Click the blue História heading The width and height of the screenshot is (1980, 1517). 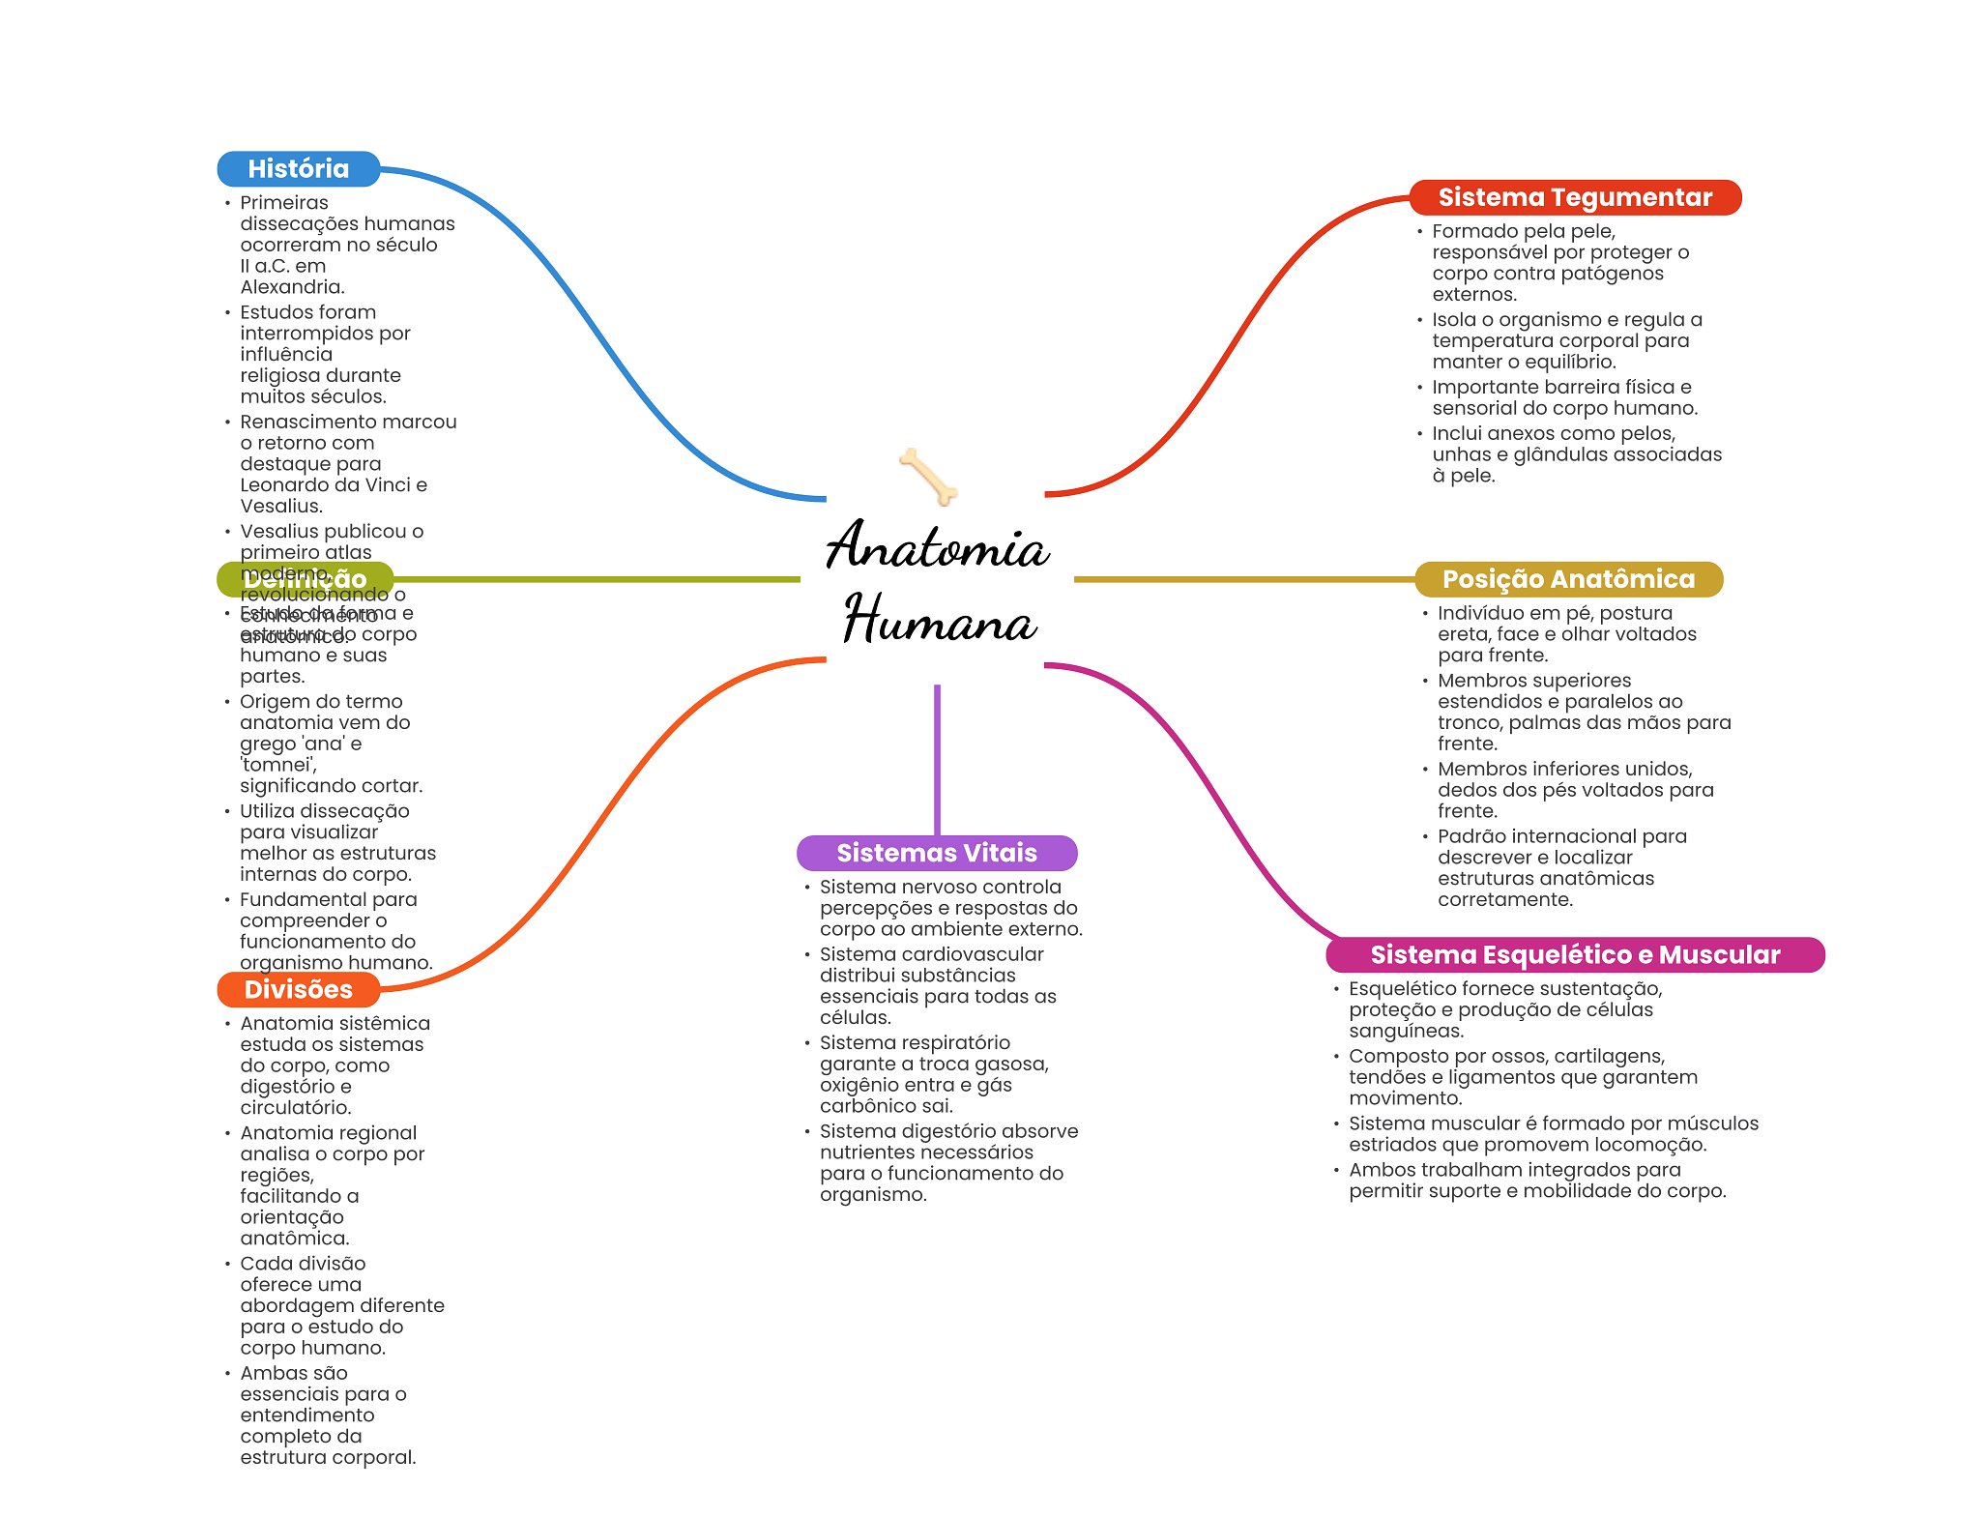click(x=298, y=169)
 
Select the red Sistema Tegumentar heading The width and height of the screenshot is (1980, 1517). click(x=1574, y=197)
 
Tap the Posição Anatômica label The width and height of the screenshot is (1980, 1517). click(x=1568, y=579)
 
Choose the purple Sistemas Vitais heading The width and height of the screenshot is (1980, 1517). click(x=936, y=853)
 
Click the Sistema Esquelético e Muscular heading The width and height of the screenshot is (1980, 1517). click(x=1574, y=954)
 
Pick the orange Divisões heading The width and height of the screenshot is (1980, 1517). click(x=298, y=989)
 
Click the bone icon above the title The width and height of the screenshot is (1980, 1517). click(x=928, y=476)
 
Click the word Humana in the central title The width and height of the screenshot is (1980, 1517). click(x=940, y=620)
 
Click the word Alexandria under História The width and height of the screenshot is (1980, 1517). click(x=291, y=287)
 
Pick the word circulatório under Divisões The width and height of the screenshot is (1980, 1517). click(x=295, y=1108)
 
